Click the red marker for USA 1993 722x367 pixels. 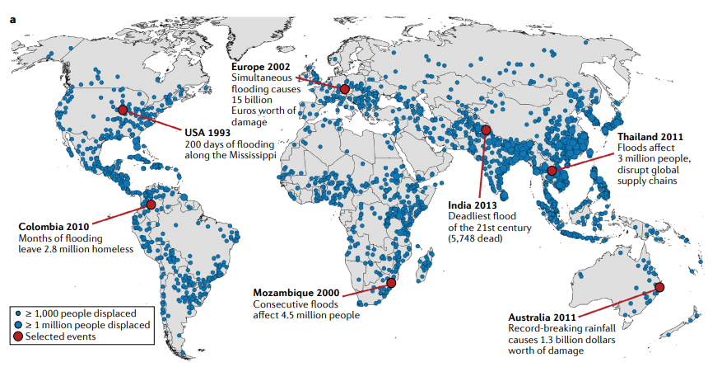tap(123, 110)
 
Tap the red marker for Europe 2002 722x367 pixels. tap(345, 88)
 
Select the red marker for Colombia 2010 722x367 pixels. tap(151, 205)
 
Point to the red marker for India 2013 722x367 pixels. tap(486, 130)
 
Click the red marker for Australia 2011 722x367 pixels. tap(659, 287)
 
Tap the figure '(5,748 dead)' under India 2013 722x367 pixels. tap(480, 238)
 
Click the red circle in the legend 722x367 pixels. tap(18, 338)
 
